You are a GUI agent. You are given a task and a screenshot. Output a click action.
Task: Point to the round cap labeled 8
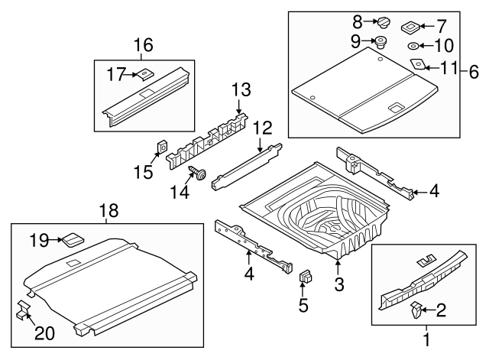(x=383, y=22)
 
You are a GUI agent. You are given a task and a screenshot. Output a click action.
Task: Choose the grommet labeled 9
(x=380, y=41)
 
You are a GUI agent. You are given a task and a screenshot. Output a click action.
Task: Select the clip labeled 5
(x=306, y=277)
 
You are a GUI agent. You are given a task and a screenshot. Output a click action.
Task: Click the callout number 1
(x=426, y=336)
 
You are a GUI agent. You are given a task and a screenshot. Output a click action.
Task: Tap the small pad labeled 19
(x=73, y=239)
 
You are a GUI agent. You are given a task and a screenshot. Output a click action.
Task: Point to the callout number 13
(x=241, y=91)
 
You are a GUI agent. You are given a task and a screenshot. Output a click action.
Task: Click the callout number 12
(x=262, y=126)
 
